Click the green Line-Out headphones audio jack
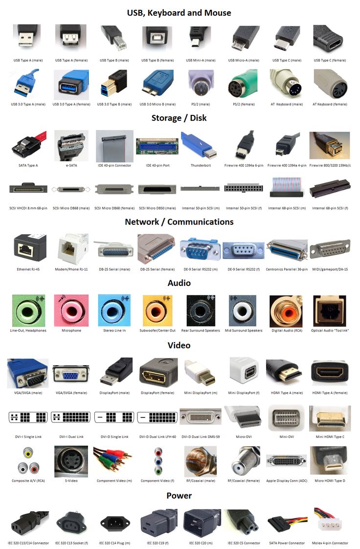pyautogui.click(x=28, y=310)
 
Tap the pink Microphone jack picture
pyautogui.click(x=71, y=310)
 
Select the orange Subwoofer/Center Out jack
pyautogui.click(x=157, y=310)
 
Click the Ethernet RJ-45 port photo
pyautogui.click(x=30, y=248)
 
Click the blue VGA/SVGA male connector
pyautogui.click(x=28, y=373)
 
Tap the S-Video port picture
pyautogui.click(x=71, y=461)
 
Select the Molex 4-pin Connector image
pyautogui.click(x=330, y=523)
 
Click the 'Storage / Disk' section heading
pyautogui.click(x=179, y=118)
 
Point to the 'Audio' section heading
pyautogui.click(x=179, y=283)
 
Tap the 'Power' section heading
pyautogui.click(x=179, y=495)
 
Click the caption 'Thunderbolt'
pyautogui.click(x=201, y=165)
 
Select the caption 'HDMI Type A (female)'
pyautogui.click(x=330, y=393)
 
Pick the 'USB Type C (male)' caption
pyautogui.click(x=287, y=60)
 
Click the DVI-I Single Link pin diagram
pyautogui.click(x=28, y=417)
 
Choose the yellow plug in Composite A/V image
pyautogui.click(x=28, y=453)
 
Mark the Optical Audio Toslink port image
pyautogui.click(x=330, y=310)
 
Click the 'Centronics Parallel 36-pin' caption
pyautogui.click(x=287, y=269)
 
